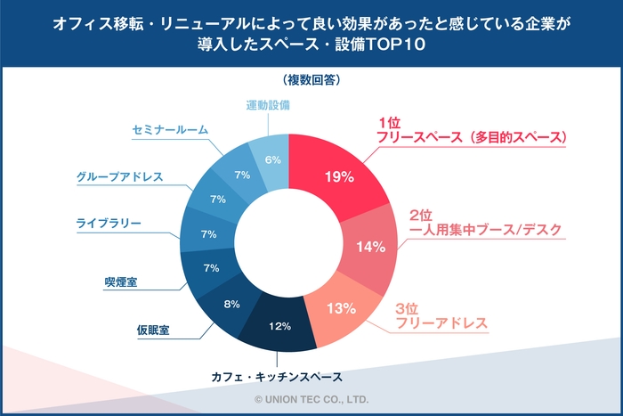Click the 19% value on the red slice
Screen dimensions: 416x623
tap(339, 176)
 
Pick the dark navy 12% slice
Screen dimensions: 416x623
tap(280, 326)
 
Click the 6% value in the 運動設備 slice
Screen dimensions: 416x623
tap(273, 159)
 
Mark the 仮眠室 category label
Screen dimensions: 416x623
tap(150, 330)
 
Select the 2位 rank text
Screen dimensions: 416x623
tap(421, 215)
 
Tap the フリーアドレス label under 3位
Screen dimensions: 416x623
tap(441, 322)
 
